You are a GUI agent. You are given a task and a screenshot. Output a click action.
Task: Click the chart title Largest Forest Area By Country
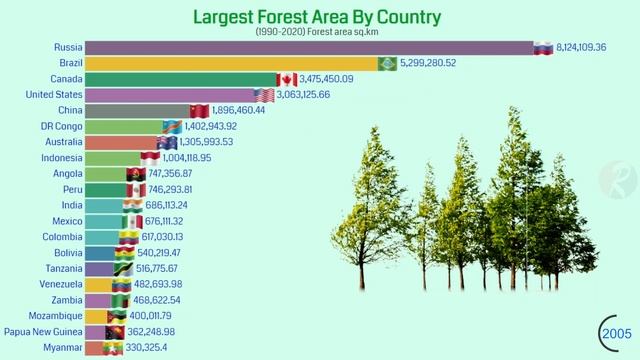click(x=316, y=17)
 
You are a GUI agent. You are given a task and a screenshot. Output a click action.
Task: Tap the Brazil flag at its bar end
click(x=387, y=63)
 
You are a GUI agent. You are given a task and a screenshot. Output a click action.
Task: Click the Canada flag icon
click(x=287, y=79)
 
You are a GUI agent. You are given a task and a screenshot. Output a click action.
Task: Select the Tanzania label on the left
click(x=62, y=269)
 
